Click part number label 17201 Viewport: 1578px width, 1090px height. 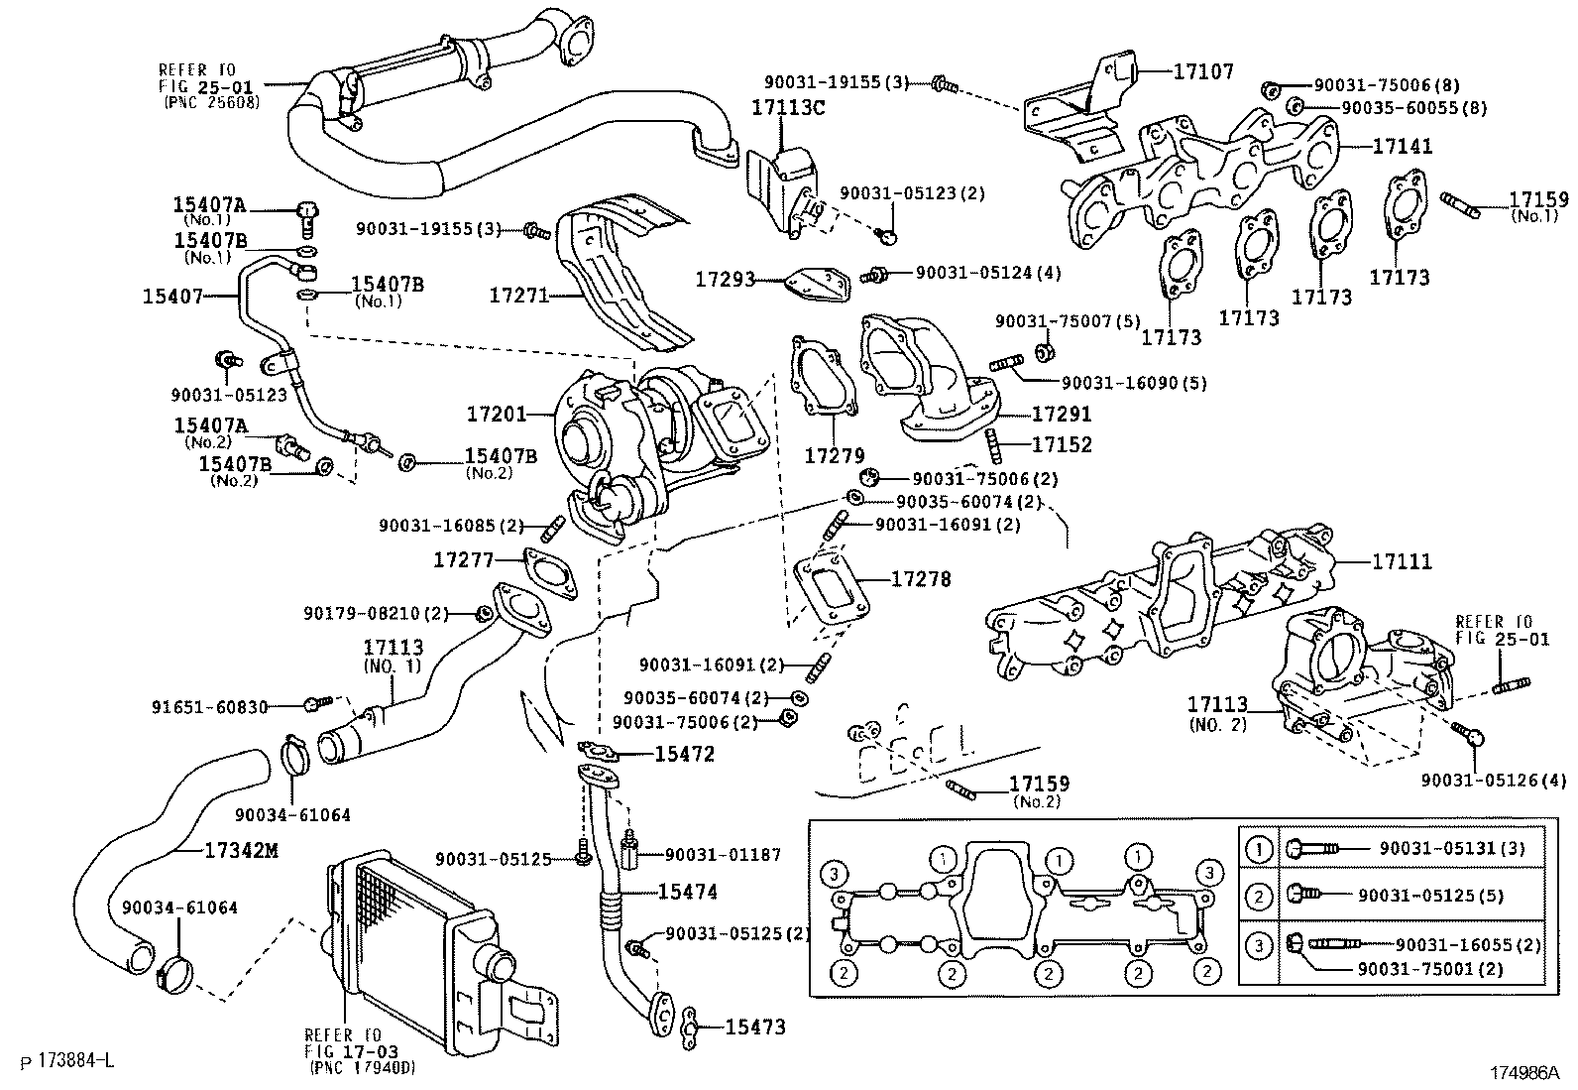pos(498,413)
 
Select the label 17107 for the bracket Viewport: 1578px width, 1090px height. pos(1203,71)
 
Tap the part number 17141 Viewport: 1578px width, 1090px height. pos(1403,146)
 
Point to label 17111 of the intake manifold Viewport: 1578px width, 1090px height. pos(1402,562)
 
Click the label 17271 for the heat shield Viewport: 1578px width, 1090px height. pos(518,295)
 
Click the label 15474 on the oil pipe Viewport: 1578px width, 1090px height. pos(687,892)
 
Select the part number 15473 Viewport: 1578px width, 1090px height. pos(755,1028)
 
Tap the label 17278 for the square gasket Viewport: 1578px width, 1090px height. pos(921,578)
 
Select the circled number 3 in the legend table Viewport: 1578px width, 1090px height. pos(1259,945)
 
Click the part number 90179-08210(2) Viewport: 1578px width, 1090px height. pos(377,614)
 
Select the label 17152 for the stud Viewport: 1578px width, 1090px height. pos(1062,444)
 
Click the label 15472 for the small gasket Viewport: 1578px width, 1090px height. pos(684,754)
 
